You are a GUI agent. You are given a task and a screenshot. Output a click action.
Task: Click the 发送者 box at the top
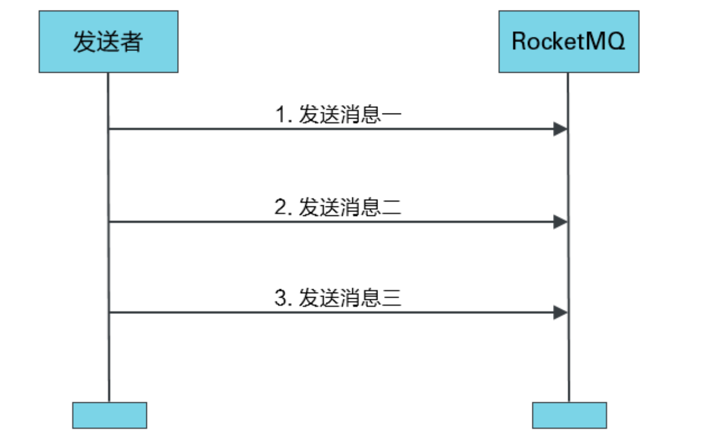pyautogui.click(x=108, y=42)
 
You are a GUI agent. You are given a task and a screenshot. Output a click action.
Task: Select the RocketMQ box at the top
pyautogui.click(x=569, y=42)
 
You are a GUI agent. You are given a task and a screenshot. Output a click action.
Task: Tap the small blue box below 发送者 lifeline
pyautogui.click(x=109, y=415)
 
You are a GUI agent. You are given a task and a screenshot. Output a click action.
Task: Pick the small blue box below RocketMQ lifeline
pyautogui.click(x=569, y=415)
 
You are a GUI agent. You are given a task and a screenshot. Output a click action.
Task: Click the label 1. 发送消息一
pyautogui.click(x=338, y=115)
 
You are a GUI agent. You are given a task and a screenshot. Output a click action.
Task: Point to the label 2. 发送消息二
pyautogui.click(x=338, y=207)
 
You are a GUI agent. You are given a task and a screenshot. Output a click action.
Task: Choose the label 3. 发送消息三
pyautogui.click(x=338, y=298)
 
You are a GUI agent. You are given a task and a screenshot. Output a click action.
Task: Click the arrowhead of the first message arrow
pyautogui.click(x=560, y=129)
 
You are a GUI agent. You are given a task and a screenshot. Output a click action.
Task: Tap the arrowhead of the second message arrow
pyautogui.click(x=560, y=222)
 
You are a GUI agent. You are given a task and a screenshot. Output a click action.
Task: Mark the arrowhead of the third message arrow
pyautogui.click(x=560, y=313)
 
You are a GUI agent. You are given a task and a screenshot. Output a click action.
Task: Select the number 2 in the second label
pyautogui.click(x=281, y=207)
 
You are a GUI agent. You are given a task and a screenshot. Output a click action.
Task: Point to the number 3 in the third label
pyautogui.click(x=281, y=298)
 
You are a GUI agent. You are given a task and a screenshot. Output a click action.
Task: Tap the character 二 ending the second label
pyautogui.click(x=392, y=207)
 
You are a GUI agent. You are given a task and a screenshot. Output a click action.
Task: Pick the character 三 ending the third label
pyautogui.click(x=392, y=298)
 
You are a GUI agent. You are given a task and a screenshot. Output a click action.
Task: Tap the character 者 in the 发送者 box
pyautogui.click(x=131, y=42)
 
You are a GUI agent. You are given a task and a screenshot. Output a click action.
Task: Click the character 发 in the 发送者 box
pyautogui.click(x=84, y=42)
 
